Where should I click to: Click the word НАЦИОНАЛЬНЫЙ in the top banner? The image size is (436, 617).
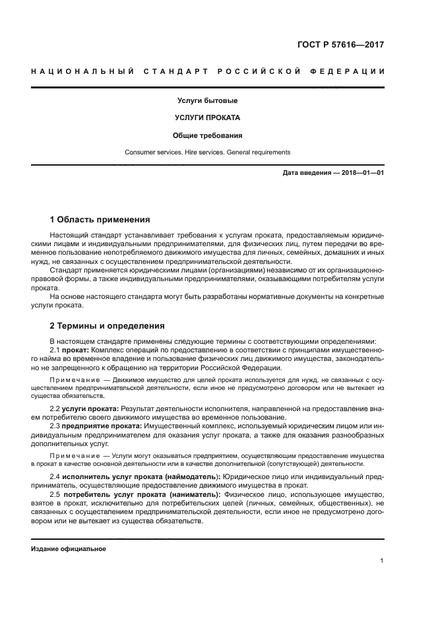tap(82, 71)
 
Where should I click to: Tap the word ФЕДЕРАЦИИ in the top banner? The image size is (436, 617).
tap(352, 71)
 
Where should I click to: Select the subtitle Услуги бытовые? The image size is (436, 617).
tap(207, 101)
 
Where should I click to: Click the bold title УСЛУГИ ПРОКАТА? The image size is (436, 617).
tap(207, 118)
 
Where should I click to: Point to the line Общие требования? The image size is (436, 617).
tap(207, 135)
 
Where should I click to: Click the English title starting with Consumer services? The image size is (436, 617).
tap(207, 152)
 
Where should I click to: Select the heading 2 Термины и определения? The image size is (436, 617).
tap(108, 326)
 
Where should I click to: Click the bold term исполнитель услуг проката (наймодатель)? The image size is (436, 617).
tap(141, 476)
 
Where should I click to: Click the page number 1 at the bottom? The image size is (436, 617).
tap(382, 561)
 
